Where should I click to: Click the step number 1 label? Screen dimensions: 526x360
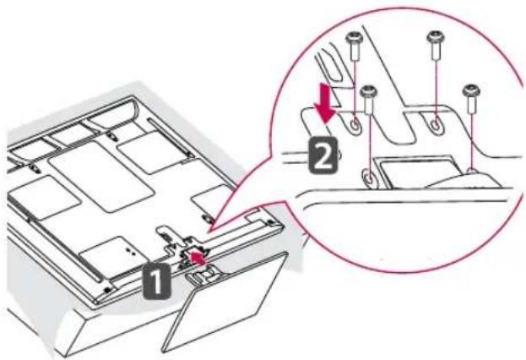coord(157,281)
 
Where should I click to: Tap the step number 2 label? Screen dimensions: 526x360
coord(323,155)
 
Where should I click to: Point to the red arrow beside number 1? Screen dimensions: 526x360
coord(198,259)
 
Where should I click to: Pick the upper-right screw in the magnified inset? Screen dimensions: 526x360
coord(435,46)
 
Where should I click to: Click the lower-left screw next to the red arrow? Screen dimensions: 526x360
coord(369,100)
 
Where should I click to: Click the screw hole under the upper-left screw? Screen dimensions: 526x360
coord(355,125)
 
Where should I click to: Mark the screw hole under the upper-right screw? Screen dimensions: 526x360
coord(435,125)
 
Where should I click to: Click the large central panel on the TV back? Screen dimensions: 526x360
coord(100,177)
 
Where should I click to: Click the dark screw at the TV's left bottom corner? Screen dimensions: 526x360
coord(107,289)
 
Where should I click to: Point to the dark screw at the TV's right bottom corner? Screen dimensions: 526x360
coord(269,222)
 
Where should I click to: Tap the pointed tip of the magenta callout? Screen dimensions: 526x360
coord(209,232)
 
